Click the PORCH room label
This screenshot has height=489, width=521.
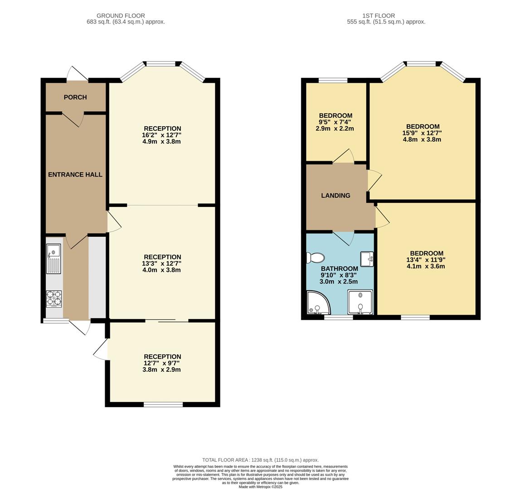pos(75,97)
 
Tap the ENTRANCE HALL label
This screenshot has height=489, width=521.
pos(75,175)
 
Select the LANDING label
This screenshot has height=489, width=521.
pos(336,196)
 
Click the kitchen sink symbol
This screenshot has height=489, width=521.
pos(54,259)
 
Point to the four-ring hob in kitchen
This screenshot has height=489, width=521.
pos(54,298)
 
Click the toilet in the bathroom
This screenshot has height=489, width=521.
pos(315,258)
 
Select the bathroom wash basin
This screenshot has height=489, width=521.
pos(367,259)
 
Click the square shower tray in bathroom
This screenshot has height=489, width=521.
pos(360,302)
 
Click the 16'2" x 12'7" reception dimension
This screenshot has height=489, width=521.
pos(162,135)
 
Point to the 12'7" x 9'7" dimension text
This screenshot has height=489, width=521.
pos(162,363)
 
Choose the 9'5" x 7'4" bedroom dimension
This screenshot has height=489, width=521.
pos(336,122)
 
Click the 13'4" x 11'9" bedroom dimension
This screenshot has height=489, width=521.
pos(427,260)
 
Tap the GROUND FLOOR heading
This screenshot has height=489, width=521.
pos(121,15)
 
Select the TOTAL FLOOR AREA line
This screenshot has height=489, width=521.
pos(260,460)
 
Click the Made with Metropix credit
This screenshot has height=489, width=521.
pos(260,487)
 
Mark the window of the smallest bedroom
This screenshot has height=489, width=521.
pos(333,81)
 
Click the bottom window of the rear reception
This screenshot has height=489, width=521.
pos(163,404)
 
